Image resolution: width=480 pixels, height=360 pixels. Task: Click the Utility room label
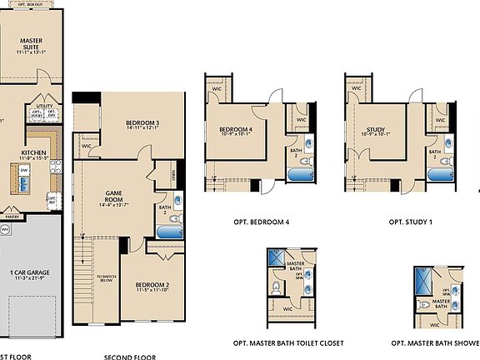point(43,107)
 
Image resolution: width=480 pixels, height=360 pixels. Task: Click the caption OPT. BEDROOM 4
point(262,222)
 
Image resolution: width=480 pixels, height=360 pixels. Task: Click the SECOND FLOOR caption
point(129,357)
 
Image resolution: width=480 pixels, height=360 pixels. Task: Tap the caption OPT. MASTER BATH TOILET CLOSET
point(288,342)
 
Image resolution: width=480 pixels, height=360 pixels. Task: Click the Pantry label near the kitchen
point(12,216)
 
